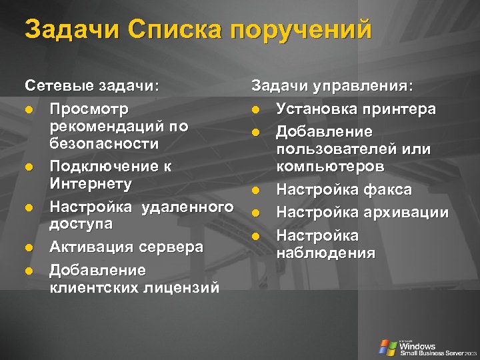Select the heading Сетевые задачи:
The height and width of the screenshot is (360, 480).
[x=92, y=86]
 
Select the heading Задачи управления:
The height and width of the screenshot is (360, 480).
[x=332, y=86]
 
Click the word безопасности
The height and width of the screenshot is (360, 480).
[x=104, y=143]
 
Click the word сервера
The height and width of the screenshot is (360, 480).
[x=171, y=247]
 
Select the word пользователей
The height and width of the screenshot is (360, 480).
[x=336, y=149]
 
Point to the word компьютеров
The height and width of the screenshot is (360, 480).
[x=330, y=166]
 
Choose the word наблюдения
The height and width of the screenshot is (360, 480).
[x=326, y=253]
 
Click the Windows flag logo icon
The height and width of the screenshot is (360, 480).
[x=387, y=347]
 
